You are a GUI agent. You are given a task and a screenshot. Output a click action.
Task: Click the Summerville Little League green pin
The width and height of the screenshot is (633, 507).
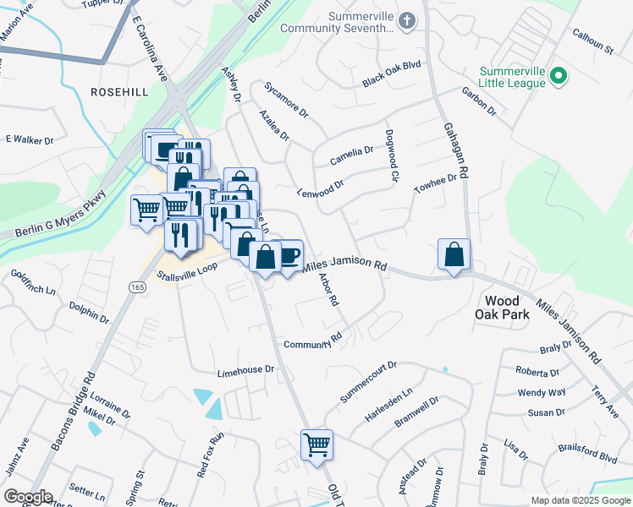coord(558,77)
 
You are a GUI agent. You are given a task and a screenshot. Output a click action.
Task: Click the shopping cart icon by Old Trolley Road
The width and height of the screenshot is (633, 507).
coord(316,444)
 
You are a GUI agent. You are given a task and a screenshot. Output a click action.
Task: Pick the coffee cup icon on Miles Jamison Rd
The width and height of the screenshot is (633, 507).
coord(289,254)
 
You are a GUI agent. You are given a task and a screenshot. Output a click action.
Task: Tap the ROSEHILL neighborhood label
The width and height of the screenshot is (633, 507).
coord(120,91)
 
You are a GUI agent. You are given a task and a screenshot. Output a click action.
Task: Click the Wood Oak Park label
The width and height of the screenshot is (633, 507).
coord(507,308)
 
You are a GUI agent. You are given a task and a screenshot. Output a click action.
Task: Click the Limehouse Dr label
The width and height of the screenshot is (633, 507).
coord(246,370)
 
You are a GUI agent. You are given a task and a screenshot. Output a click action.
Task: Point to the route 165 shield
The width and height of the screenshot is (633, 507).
coord(137,288)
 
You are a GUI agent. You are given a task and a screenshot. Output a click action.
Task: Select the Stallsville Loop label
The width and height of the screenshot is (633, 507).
coord(187,270)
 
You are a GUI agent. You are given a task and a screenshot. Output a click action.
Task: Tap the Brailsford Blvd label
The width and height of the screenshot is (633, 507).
coord(585,452)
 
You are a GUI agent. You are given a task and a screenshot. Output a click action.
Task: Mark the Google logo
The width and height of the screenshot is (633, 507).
coord(28,497)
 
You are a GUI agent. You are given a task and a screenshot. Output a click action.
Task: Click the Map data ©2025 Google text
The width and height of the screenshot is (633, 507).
coord(580,500)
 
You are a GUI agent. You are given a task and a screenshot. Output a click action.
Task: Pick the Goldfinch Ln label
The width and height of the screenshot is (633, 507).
coord(33,282)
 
